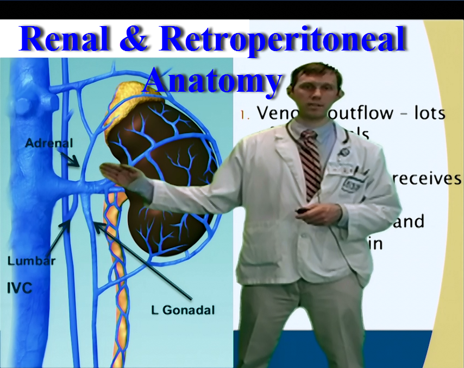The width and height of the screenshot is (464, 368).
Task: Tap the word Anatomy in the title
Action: point(212,80)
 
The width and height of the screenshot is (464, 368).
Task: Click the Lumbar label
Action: point(32,261)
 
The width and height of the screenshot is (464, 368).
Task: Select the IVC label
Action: point(20,287)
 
